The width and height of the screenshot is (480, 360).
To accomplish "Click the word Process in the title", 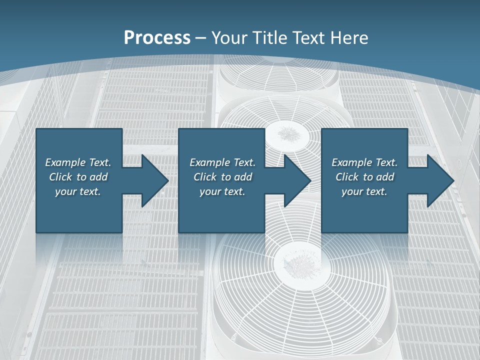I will click(157, 38).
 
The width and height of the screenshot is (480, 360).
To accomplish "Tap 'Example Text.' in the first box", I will click(78, 162).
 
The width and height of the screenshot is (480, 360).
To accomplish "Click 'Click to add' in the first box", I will click(78, 177).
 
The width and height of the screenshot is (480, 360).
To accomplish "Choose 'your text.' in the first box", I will click(78, 191).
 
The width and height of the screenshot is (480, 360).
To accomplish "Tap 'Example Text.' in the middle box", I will click(222, 162).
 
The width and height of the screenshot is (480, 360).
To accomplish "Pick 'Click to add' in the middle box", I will click(222, 177).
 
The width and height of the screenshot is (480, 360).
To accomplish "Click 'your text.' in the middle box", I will click(222, 191).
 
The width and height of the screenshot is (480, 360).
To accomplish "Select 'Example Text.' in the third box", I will click(364, 162).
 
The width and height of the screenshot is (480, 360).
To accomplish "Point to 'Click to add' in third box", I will click(364, 177).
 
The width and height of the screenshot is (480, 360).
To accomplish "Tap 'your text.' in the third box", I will click(364, 191).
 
